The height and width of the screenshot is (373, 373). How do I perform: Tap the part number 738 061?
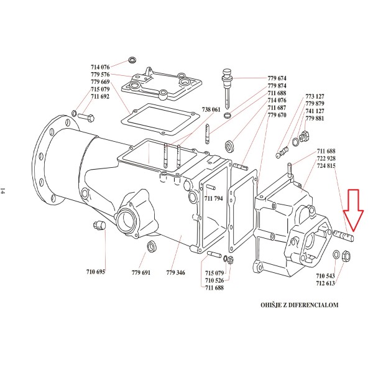211,109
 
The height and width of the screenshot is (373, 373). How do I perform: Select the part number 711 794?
214,198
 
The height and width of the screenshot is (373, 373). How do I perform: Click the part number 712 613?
325,283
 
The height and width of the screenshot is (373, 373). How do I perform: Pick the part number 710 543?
325,275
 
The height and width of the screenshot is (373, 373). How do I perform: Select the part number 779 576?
99,75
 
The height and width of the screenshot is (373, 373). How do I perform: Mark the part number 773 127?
315,96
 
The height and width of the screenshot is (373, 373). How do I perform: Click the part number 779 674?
277,78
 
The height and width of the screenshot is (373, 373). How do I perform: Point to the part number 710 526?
214,280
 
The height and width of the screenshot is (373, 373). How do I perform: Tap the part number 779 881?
315,118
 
